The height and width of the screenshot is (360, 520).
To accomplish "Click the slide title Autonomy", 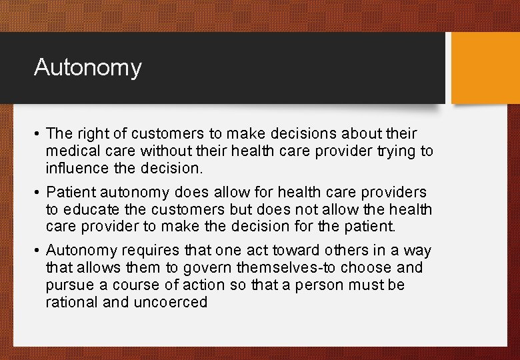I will pyautogui.click(x=87, y=67).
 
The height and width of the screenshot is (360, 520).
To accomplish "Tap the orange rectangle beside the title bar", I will pyautogui.click(x=485, y=68).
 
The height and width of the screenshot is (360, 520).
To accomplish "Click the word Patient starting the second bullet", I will pyautogui.click(x=71, y=193).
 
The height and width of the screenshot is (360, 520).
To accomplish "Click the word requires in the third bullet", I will pyautogui.click(x=135, y=250).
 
